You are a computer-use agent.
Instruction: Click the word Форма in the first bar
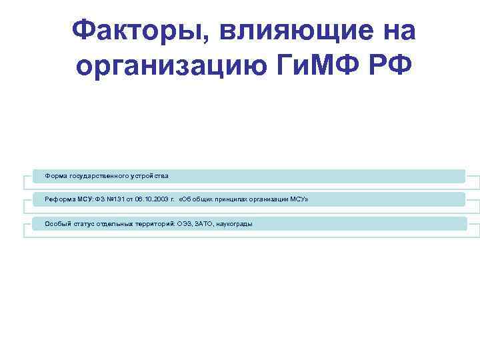coord(55,176)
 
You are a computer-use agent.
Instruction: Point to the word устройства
coord(149,176)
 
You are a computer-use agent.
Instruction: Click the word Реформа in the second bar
coord(59,199)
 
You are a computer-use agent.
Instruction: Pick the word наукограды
coord(233,223)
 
